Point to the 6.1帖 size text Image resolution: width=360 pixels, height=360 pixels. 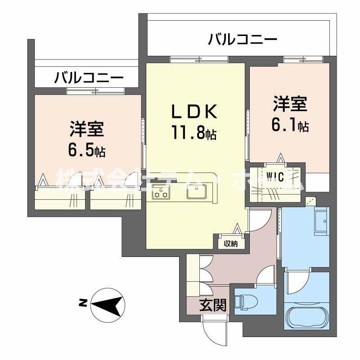point(290,126)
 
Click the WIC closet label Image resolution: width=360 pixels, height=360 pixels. point(275,177)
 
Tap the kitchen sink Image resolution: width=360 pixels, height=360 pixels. point(197,192)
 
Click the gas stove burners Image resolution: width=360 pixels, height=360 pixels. point(161,192)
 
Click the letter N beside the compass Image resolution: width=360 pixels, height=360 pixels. point(83,304)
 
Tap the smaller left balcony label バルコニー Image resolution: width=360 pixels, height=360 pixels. point(89,78)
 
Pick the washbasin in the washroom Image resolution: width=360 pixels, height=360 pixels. point(322,221)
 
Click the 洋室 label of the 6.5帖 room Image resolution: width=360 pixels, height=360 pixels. point(87,129)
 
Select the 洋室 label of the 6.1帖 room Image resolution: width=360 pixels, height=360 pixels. point(290,104)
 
